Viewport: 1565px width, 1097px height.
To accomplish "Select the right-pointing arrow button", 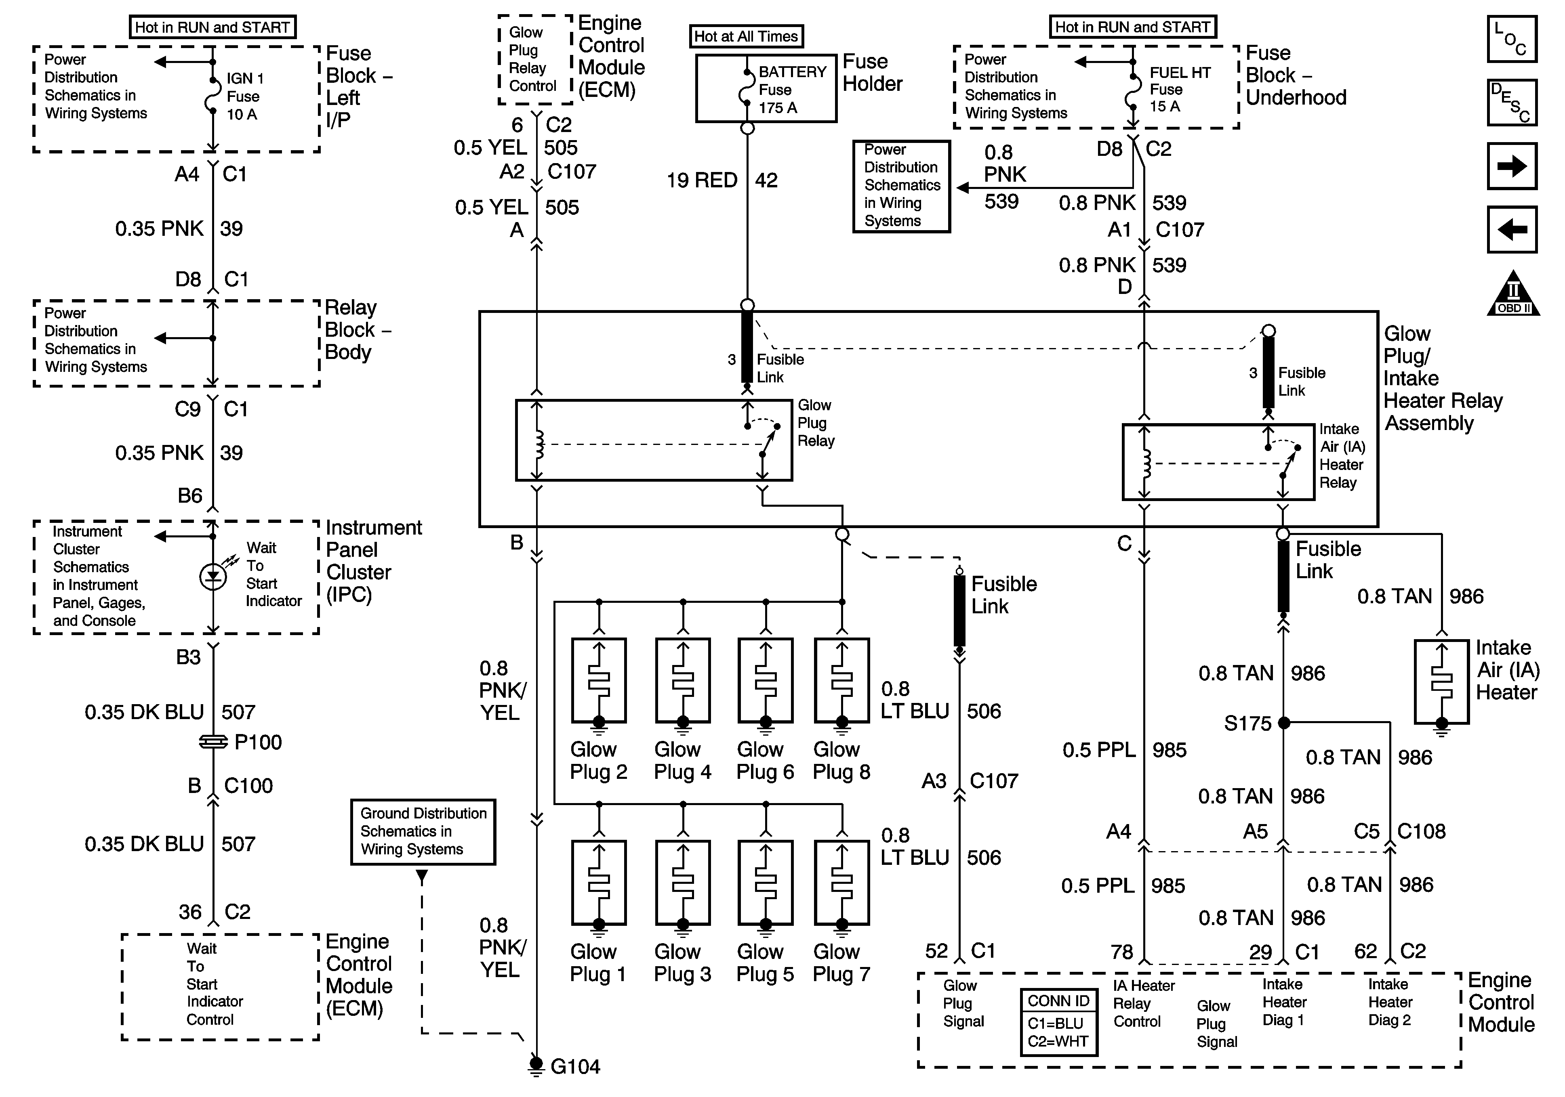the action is point(1511,166).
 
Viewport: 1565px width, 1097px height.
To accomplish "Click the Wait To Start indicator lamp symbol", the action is point(212,577).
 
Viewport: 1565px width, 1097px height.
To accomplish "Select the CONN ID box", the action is point(1058,1022).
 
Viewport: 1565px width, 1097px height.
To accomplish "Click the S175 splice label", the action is point(1247,723).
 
